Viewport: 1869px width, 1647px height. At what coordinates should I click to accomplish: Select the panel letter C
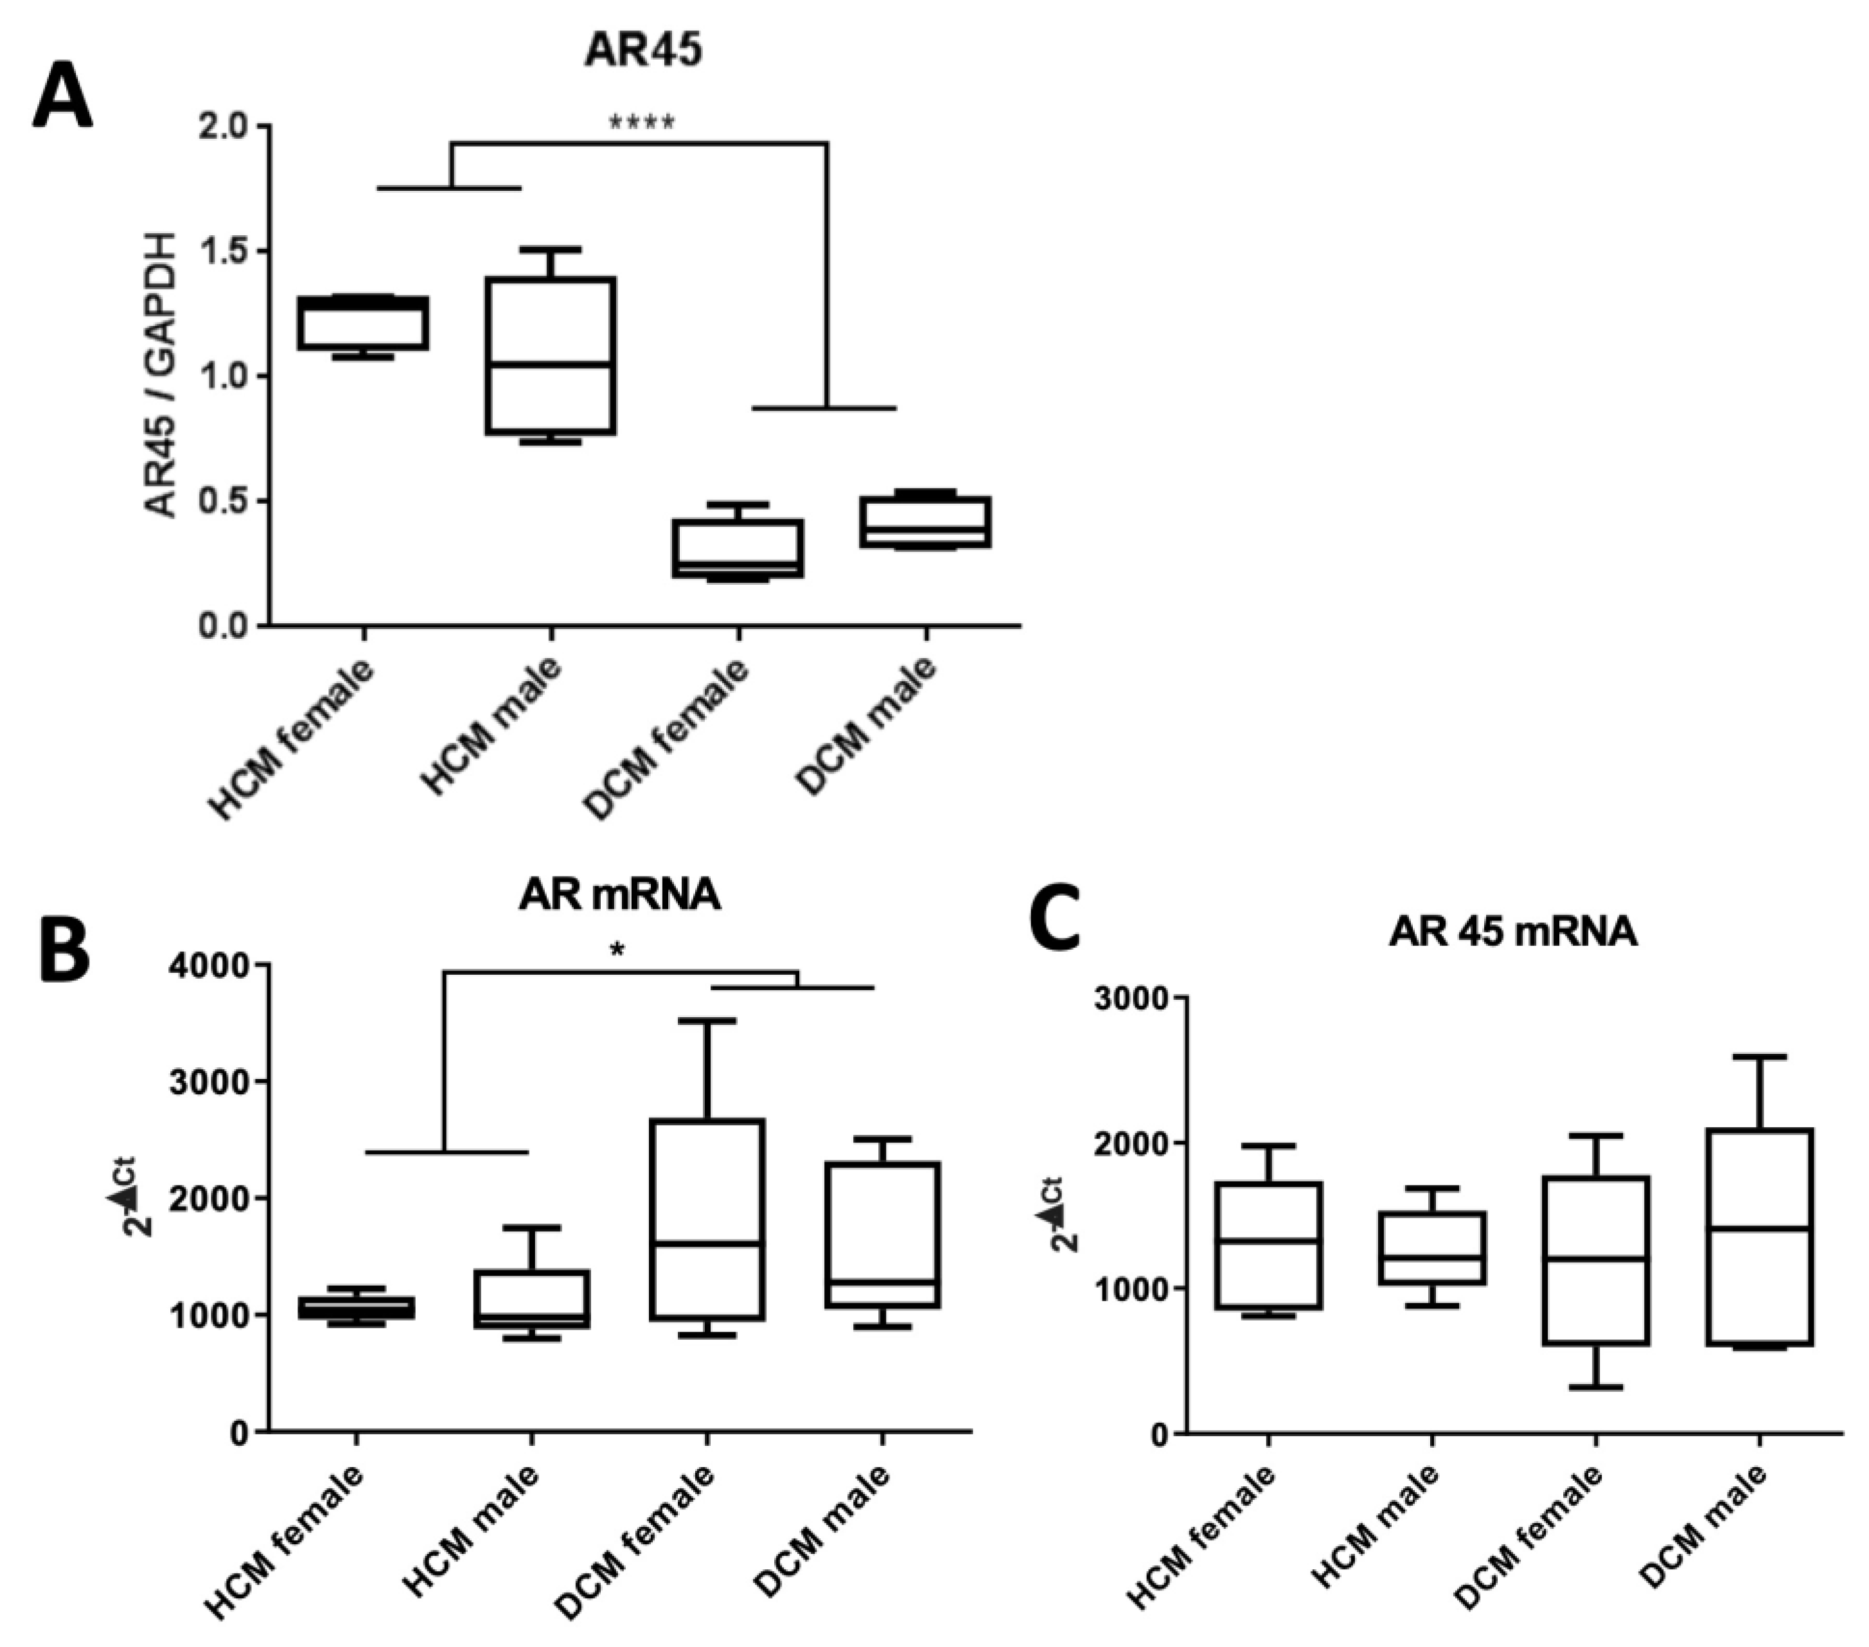1056,923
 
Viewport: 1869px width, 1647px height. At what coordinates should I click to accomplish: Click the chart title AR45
643,50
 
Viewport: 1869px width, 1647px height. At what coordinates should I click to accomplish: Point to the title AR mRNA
619,895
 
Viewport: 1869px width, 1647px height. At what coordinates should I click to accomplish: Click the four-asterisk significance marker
643,123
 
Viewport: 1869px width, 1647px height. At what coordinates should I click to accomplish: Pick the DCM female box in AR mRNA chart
707,1219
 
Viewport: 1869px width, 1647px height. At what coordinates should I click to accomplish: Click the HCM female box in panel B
357,1307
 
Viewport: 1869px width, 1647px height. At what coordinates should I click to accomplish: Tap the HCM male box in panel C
1432,1249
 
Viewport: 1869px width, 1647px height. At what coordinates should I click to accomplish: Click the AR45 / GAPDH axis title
162,375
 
